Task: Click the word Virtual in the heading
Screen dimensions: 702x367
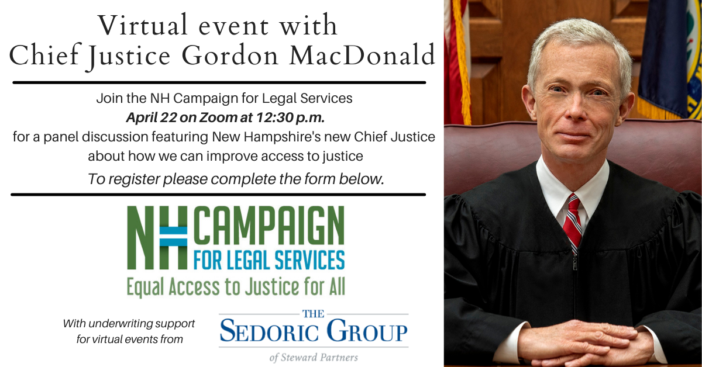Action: [x=143, y=25]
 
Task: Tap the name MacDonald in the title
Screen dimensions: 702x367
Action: [x=362, y=55]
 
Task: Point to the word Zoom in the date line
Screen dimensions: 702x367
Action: [x=218, y=117]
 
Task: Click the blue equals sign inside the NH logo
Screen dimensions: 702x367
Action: [x=173, y=237]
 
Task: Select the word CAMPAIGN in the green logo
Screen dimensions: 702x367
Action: [x=269, y=225]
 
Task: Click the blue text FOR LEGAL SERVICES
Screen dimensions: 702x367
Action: [x=269, y=260]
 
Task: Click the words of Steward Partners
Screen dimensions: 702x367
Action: [x=314, y=357]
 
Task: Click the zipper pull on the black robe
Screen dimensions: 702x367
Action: [x=574, y=262]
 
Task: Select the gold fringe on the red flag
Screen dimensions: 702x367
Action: [x=462, y=63]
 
